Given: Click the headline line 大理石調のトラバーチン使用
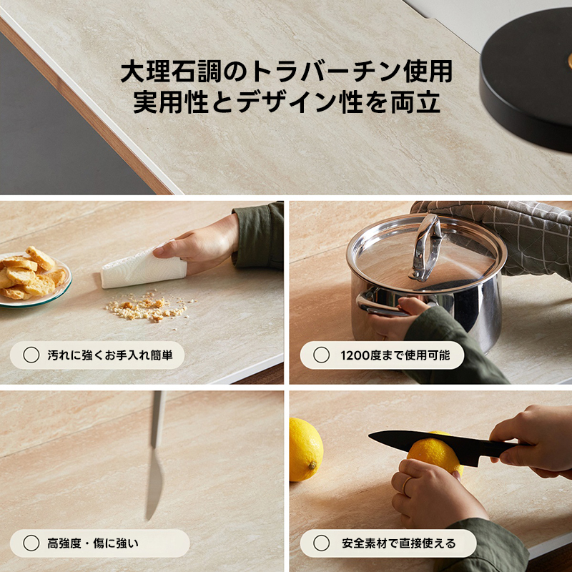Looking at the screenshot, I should (x=286, y=72).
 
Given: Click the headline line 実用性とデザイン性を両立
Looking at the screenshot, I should (x=286, y=103).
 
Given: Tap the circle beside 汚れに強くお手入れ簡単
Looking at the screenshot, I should (x=31, y=355).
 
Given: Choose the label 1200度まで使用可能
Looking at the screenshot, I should (x=395, y=355).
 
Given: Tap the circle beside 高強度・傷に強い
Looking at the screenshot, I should (x=31, y=543).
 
